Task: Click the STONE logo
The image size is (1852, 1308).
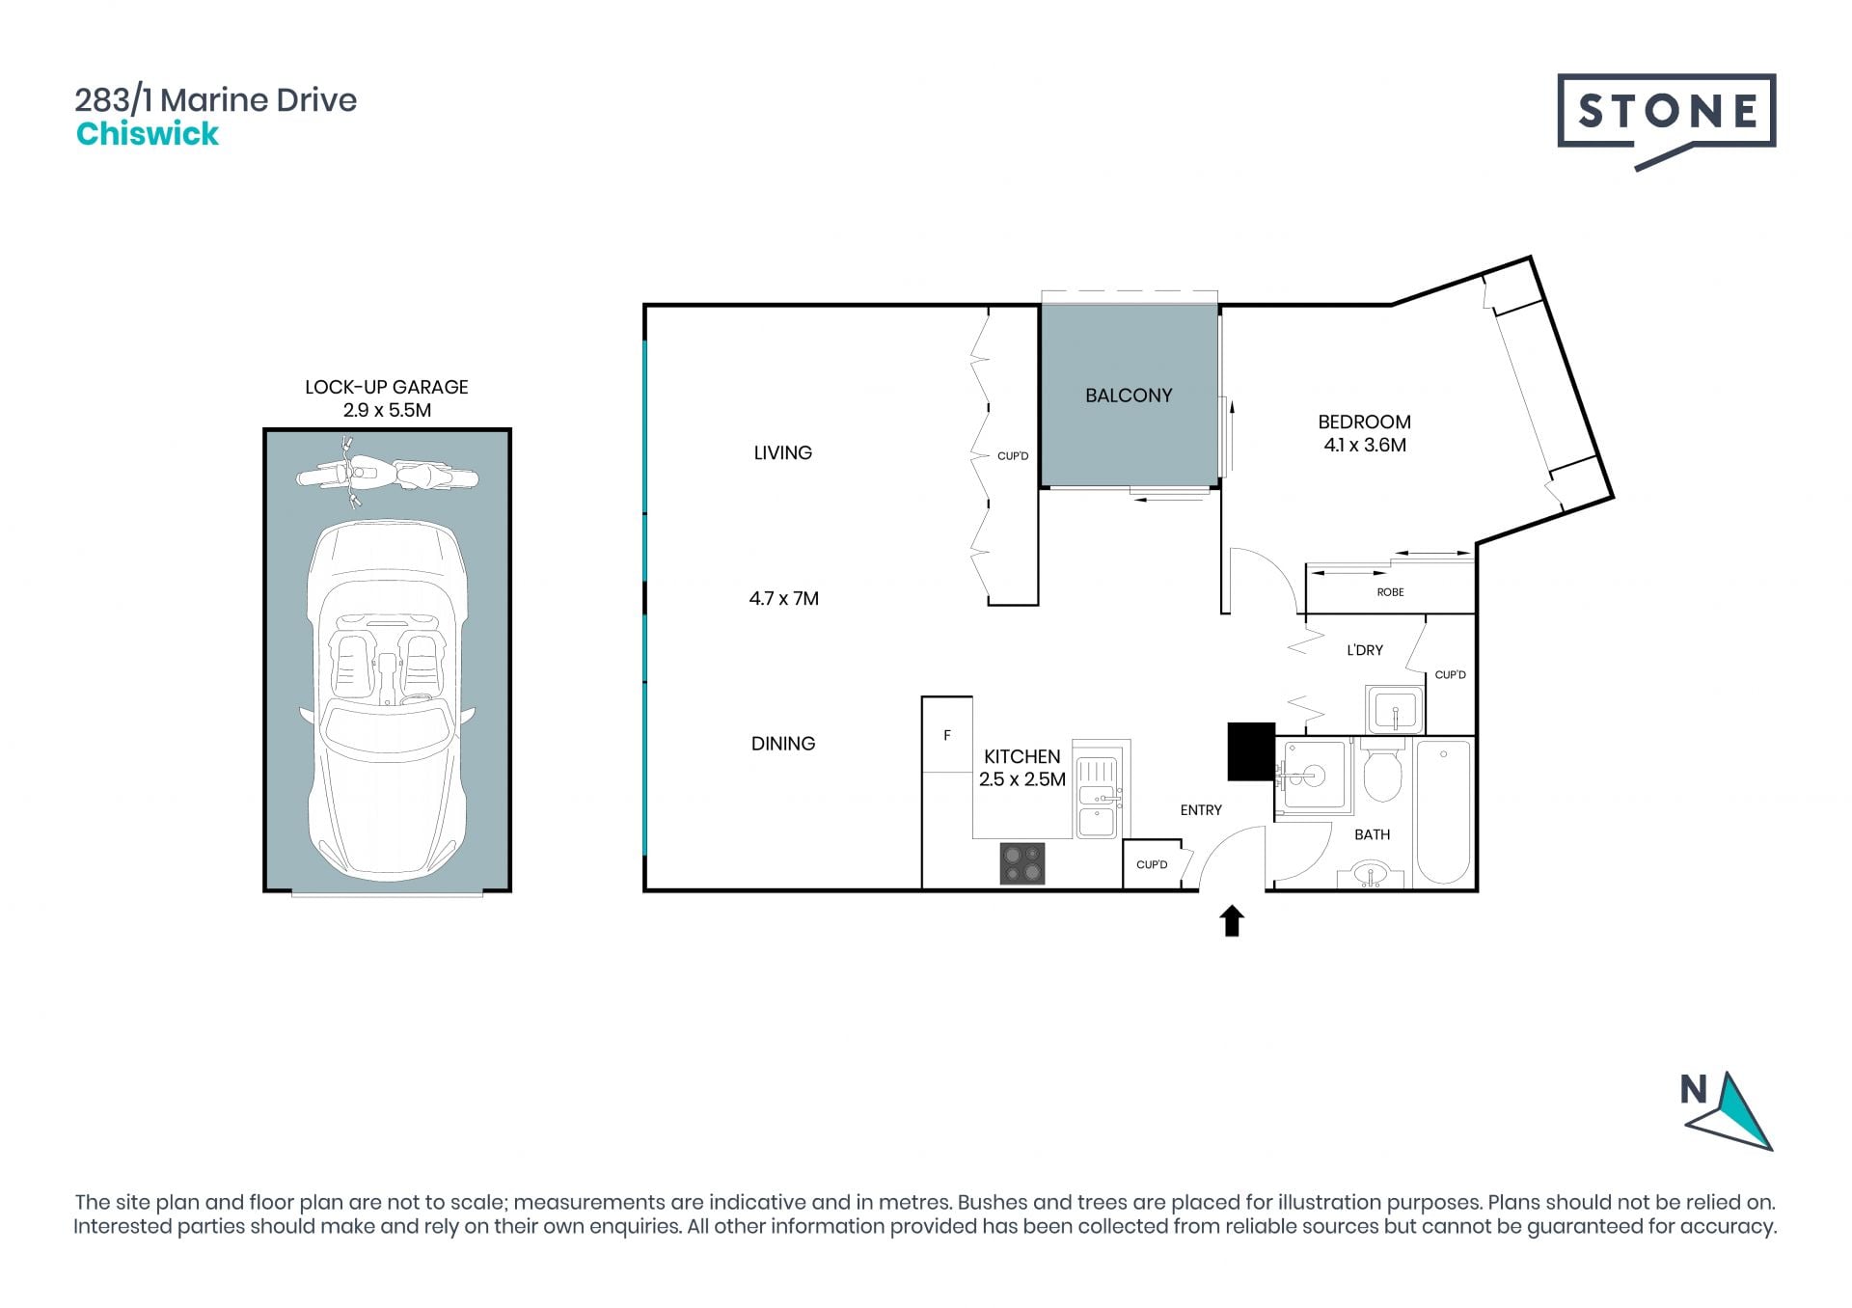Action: [1666, 121]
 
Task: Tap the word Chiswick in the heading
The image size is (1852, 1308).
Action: [148, 134]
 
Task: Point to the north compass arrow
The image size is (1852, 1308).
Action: [1732, 1111]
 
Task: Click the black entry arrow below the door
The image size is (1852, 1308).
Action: [1232, 920]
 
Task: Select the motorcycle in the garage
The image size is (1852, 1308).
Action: [387, 474]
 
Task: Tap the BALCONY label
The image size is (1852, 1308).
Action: [1129, 395]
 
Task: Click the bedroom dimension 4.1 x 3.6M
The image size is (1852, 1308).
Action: [1365, 446]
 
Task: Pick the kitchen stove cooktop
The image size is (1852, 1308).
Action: [1022, 863]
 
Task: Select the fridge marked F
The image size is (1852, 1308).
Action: [946, 735]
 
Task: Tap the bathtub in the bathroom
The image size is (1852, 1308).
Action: [1443, 812]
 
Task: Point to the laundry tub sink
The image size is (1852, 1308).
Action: [1395, 710]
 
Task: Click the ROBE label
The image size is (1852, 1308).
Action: [1390, 592]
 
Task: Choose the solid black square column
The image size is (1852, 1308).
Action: [1251, 751]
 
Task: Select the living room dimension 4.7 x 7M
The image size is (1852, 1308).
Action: [783, 599]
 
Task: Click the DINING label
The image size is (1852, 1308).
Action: [783, 744]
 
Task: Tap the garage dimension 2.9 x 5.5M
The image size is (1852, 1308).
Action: [387, 410]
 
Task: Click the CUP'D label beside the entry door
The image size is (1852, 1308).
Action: [1152, 864]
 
